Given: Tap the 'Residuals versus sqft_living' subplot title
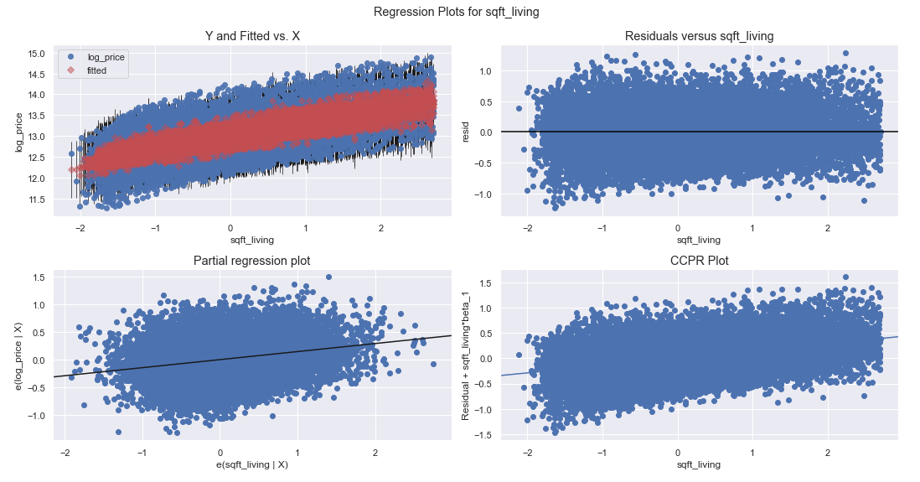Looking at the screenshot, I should (700, 36).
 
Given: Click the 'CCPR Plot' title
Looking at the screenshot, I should (700, 261).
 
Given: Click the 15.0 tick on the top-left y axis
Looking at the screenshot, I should (37, 54).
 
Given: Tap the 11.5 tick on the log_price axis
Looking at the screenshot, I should (37, 200).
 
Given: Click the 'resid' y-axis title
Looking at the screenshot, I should (465, 132).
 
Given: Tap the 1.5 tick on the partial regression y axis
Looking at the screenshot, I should (39, 277).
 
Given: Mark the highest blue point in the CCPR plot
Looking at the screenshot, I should (845, 277).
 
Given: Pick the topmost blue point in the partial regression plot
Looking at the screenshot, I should (329, 277).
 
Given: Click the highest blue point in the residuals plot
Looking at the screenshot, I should (845, 53).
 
